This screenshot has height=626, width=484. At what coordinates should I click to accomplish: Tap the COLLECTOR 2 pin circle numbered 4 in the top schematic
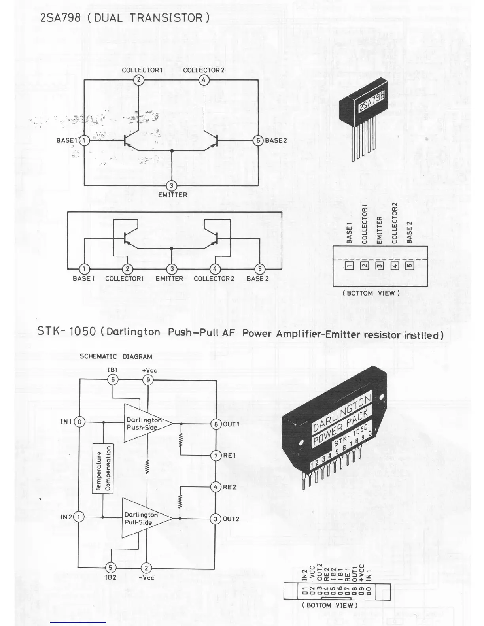(204, 80)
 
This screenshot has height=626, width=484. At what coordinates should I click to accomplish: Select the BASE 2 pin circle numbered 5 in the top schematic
(258, 140)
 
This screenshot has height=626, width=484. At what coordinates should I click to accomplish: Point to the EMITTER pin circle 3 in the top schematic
(172, 185)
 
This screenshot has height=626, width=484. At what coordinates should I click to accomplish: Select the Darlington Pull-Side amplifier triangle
(142, 518)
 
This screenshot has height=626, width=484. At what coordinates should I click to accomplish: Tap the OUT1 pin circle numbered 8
(216, 424)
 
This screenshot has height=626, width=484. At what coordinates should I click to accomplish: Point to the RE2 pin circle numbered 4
(216, 487)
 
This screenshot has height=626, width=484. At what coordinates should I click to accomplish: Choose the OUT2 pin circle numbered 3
(216, 519)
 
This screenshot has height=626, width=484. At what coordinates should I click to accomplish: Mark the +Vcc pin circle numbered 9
(148, 380)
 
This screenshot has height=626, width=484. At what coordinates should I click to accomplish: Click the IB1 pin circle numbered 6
(113, 380)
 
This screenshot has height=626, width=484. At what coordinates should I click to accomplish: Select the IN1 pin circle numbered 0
(79, 422)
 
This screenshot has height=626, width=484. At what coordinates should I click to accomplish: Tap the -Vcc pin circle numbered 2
(146, 568)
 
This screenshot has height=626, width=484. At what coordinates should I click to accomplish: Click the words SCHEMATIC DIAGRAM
(116, 356)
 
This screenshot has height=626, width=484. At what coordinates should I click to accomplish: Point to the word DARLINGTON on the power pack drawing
(342, 413)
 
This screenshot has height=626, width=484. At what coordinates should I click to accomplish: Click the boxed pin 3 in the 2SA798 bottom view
(379, 266)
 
